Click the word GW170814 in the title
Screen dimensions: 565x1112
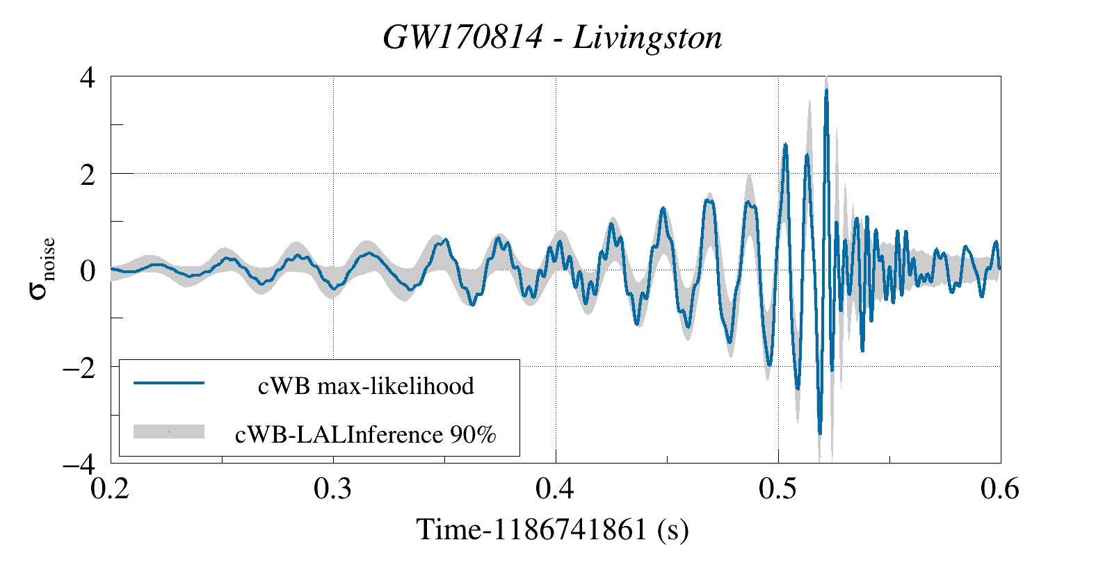pyautogui.click(x=462, y=37)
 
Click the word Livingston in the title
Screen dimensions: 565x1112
pyautogui.click(x=647, y=37)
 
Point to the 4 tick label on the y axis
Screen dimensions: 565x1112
pyautogui.click(x=88, y=77)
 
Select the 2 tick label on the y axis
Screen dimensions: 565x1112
pyautogui.click(x=88, y=174)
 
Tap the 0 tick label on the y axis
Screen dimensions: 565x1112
pyautogui.click(x=88, y=271)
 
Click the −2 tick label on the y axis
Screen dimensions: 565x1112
pyautogui.click(x=79, y=368)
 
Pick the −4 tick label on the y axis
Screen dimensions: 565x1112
pyautogui.click(x=79, y=464)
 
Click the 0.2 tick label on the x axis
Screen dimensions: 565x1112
pyautogui.click(x=111, y=489)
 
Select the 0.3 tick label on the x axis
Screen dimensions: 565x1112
pyautogui.click(x=333, y=489)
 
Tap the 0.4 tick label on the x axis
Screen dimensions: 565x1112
pyautogui.click(x=556, y=489)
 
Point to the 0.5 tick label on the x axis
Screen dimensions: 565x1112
pyautogui.click(x=778, y=489)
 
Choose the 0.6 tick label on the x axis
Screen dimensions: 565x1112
pyautogui.click(x=1000, y=489)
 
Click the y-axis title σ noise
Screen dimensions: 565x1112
pyautogui.click(x=42, y=268)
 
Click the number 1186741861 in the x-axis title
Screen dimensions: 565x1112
pyautogui.click(x=570, y=530)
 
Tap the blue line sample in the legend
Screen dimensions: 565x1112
pyautogui.click(x=169, y=383)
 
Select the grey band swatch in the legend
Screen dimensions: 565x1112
pyautogui.click(x=169, y=432)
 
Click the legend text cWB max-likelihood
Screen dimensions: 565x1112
pyautogui.click(x=366, y=386)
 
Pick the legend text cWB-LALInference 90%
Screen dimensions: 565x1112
pyautogui.click(x=366, y=434)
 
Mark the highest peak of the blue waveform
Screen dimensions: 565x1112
pyautogui.click(x=826, y=90)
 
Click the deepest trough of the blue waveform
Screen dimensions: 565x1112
pyautogui.click(x=820, y=433)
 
